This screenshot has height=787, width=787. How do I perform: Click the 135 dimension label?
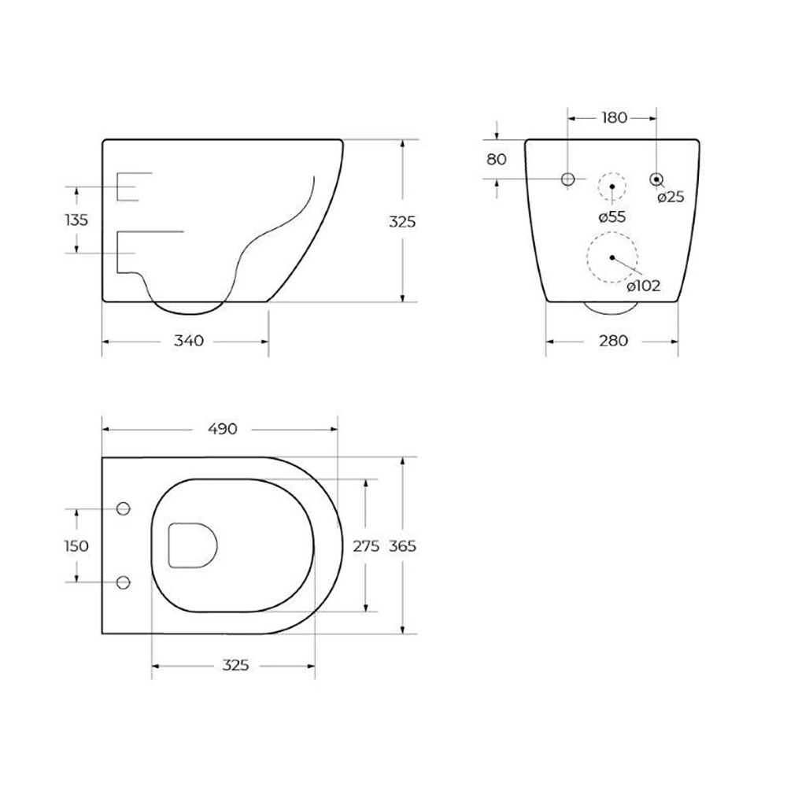76,220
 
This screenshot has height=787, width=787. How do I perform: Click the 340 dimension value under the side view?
189,341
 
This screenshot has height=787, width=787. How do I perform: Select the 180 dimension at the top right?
615,117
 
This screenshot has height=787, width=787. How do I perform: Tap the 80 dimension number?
497,159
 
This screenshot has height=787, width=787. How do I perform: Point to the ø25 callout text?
671,197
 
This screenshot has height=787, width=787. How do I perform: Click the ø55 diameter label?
612,217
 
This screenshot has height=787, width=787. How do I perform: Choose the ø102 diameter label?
644,286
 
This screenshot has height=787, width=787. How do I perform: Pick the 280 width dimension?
613,341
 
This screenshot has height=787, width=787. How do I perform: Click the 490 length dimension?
223,429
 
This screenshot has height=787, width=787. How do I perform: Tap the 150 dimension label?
76,545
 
